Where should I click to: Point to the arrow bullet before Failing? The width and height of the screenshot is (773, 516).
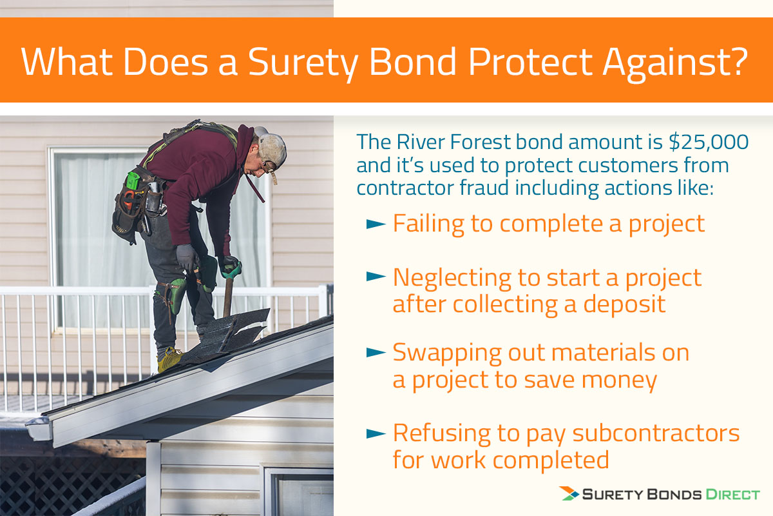click(375, 224)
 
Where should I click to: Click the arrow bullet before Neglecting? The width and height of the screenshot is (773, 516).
click(375, 277)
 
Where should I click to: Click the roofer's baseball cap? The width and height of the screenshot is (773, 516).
click(272, 148)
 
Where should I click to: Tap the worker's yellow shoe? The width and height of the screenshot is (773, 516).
click(169, 359)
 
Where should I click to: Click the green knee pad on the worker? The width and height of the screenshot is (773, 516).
click(175, 292)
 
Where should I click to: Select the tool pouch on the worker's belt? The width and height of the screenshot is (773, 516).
click(129, 206)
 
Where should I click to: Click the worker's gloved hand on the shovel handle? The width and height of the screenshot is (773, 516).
click(229, 266)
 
